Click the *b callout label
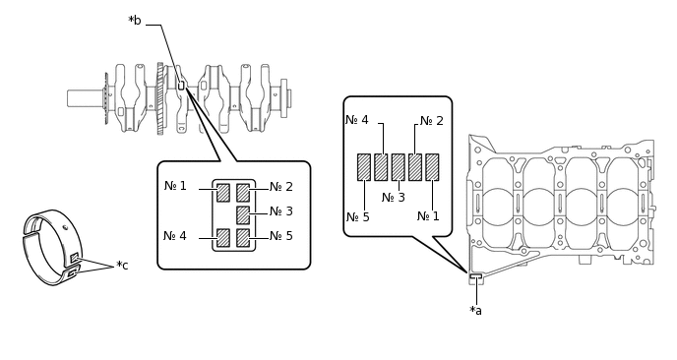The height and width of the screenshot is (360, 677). pos(135,21)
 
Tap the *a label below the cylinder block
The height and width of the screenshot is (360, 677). pos(475,311)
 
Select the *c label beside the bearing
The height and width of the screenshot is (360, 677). pos(122,265)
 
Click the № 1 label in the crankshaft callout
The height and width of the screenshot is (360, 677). pos(175,186)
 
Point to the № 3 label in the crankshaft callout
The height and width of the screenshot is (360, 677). pos(281,211)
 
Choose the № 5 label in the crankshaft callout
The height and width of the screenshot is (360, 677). pos(281,236)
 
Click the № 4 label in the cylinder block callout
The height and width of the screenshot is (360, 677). pos(357,120)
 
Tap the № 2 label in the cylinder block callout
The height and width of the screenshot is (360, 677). pos(432,121)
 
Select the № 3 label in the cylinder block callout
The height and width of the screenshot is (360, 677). pos(394,198)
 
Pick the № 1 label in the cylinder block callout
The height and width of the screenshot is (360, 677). pos(428,215)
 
